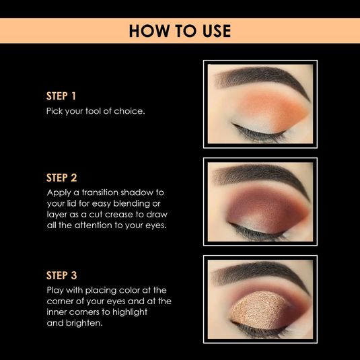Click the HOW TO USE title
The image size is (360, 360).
click(x=180, y=31)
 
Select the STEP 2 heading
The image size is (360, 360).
click(x=61, y=178)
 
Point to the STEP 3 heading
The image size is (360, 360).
click(x=61, y=275)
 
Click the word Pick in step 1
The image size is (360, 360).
click(x=54, y=110)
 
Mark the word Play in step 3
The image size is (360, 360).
click(x=55, y=290)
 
